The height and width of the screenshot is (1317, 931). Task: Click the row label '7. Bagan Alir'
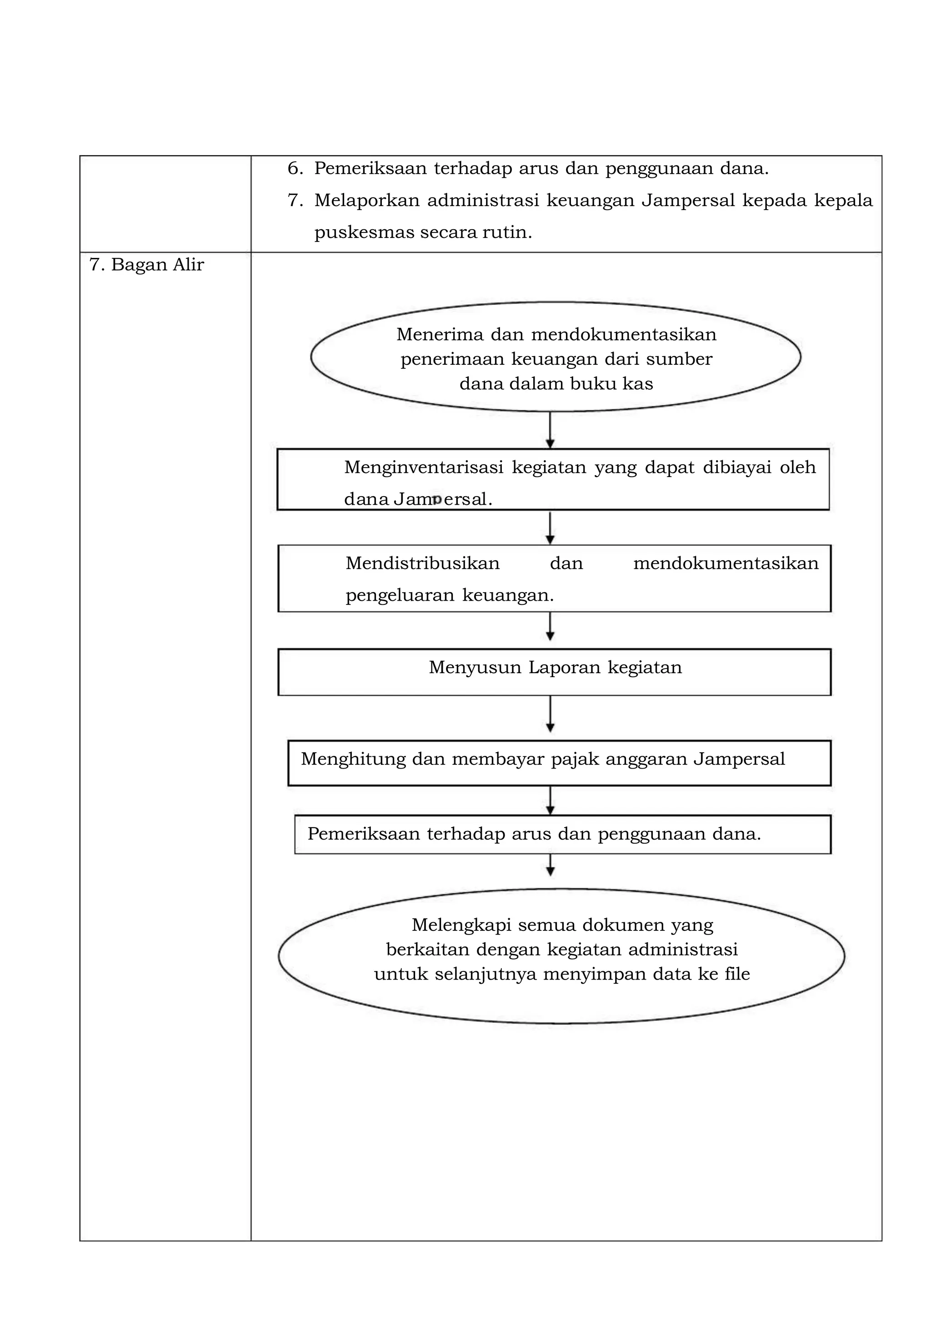click(x=147, y=265)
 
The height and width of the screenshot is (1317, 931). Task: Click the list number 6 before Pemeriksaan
click(x=294, y=169)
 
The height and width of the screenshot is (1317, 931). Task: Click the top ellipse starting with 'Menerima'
click(x=555, y=357)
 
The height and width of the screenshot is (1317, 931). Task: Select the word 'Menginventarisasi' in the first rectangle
click(x=424, y=467)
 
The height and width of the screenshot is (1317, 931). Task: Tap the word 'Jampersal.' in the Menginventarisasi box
click(x=443, y=499)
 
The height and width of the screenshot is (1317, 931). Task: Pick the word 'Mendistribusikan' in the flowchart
click(x=422, y=563)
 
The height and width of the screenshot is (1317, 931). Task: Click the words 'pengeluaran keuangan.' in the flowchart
click(x=450, y=595)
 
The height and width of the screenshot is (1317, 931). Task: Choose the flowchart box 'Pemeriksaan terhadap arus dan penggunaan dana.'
click(x=562, y=834)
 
